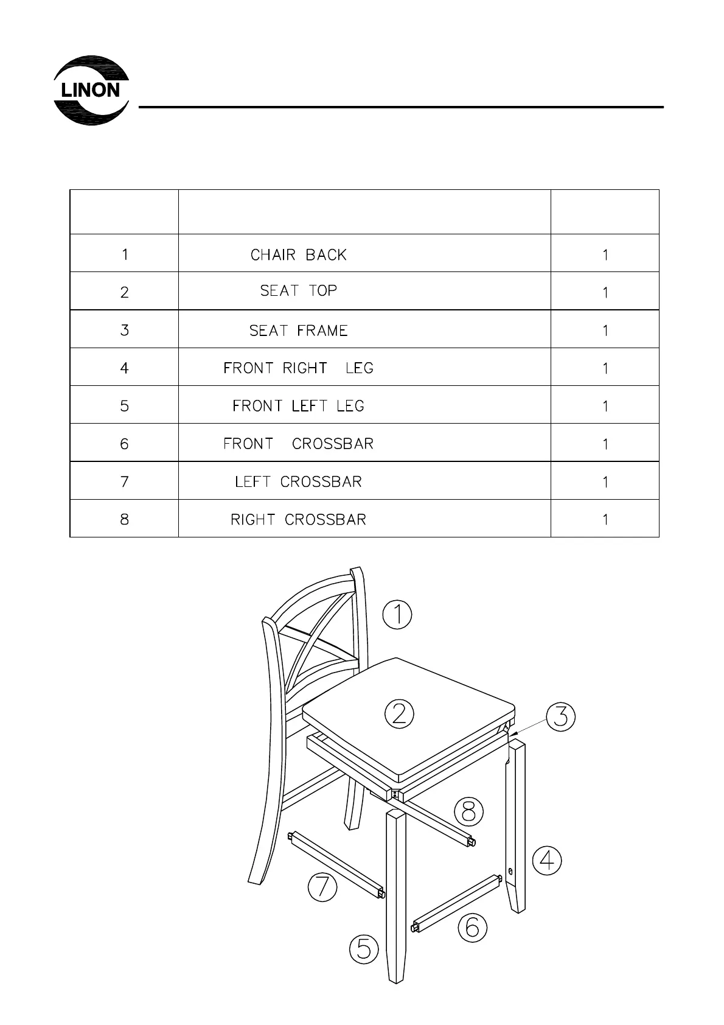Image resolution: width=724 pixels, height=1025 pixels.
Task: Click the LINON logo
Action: [91, 90]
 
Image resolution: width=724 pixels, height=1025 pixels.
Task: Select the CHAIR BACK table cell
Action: [298, 254]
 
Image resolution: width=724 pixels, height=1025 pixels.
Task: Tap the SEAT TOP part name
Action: [298, 291]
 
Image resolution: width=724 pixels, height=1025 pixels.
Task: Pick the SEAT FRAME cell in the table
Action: [298, 331]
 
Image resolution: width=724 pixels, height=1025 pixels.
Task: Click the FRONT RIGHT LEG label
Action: [298, 368]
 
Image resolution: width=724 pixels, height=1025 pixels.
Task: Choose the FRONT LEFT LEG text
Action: [298, 406]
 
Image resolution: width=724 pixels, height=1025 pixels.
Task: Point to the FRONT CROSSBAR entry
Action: [298, 444]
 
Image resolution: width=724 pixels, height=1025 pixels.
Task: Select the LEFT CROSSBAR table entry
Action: [298, 481]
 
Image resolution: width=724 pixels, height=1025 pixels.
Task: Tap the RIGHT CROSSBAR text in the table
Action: [298, 520]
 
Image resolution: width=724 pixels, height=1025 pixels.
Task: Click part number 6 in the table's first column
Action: [124, 444]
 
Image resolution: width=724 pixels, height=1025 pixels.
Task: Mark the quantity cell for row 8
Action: [605, 520]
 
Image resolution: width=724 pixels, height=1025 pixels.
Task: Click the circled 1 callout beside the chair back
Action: [397, 614]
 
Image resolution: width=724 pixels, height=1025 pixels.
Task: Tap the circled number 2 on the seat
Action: [399, 713]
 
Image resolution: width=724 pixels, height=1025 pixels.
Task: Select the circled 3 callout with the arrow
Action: [560, 716]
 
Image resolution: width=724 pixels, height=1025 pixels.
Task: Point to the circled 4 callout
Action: [547, 861]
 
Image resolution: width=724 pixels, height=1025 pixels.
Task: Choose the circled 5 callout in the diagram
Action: [364, 949]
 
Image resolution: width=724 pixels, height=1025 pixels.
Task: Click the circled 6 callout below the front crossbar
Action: [472, 928]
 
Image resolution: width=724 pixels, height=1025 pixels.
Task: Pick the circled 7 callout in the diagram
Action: [322, 886]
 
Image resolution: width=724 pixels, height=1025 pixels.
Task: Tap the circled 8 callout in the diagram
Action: [469, 812]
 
